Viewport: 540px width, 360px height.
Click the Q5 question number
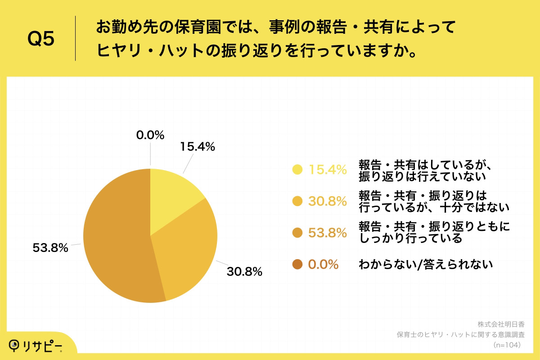click(x=41, y=39)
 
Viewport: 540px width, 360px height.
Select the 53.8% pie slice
click(x=117, y=243)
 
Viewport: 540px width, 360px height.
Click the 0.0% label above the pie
click(x=150, y=135)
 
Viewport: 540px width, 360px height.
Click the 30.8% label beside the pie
click(x=245, y=271)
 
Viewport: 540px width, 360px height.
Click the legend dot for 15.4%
click(x=297, y=170)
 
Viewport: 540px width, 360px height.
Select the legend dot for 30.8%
click(x=297, y=201)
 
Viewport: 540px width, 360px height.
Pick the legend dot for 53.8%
click(x=297, y=233)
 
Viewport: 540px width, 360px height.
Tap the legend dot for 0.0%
click(x=297, y=265)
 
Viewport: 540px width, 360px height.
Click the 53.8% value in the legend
click(x=327, y=233)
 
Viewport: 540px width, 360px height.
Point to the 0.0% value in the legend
click(x=323, y=265)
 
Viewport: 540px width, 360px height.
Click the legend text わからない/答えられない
click(x=425, y=265)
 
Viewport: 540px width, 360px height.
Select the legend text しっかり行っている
click(x=410, y=239)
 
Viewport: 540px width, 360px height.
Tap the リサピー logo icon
click(x=16, y=345)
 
